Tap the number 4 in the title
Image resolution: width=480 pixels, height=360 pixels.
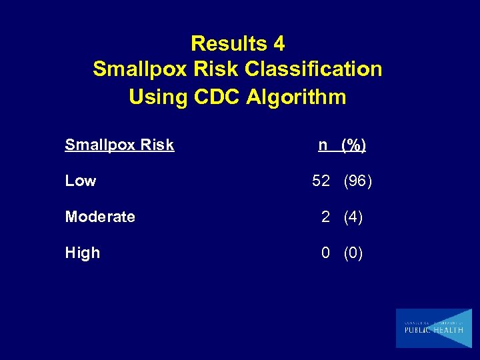click(x=279, y=44)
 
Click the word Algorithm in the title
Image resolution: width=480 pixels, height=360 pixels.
click(x=296, y=97)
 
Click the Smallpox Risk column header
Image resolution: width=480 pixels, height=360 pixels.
click(x=119, y=145)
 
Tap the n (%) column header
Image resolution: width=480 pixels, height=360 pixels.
click(x=342, y=145)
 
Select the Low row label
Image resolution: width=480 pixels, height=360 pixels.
click(x=81, y=181)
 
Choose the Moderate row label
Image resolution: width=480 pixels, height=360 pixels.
click(x=100, y=217)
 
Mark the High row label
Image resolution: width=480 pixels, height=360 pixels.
click(x=83, y=253)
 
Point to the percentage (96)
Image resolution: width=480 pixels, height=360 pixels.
click(x=358, y=181)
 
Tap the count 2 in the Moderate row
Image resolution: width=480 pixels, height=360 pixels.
click(x=325, y=217)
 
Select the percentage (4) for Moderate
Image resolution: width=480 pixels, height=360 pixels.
click(x=353, y=217)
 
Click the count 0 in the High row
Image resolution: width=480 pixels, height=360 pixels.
click(x=325, y=253)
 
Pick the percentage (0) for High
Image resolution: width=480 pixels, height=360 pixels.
click(x=353, y=253)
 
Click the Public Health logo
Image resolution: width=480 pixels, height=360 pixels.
click(x=433, y=328)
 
